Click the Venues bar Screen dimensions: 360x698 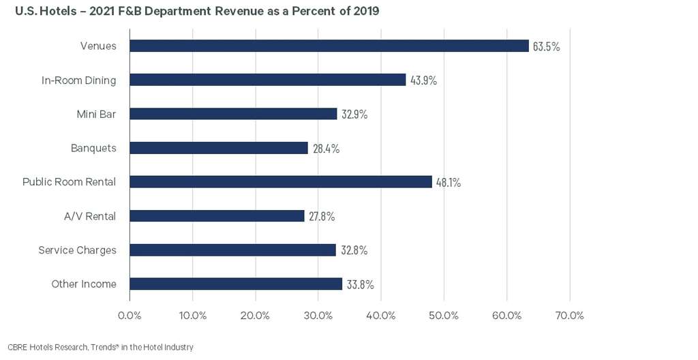click(329, 46)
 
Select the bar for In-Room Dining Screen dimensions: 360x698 click(268, 80)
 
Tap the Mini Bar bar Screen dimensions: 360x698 click(233, 114)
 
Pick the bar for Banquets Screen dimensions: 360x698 click(219, 148)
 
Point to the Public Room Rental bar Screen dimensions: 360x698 click(281, 182)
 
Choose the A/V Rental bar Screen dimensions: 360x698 click(217, 216)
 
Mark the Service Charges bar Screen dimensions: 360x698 click(232, 250)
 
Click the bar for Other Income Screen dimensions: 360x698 click(236, 284)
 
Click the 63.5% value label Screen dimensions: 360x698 click(546, 46)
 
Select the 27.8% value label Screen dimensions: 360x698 click(322, 217)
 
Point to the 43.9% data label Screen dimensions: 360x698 click(423, 80)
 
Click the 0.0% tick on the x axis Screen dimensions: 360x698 click(130, 316)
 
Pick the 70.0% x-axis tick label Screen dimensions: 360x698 click(570, 316)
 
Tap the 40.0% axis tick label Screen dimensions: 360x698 click(381, 316)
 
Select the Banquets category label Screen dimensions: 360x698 click(93, 148)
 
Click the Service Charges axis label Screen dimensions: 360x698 click(77, 250)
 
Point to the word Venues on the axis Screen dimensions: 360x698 click(97, 46)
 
